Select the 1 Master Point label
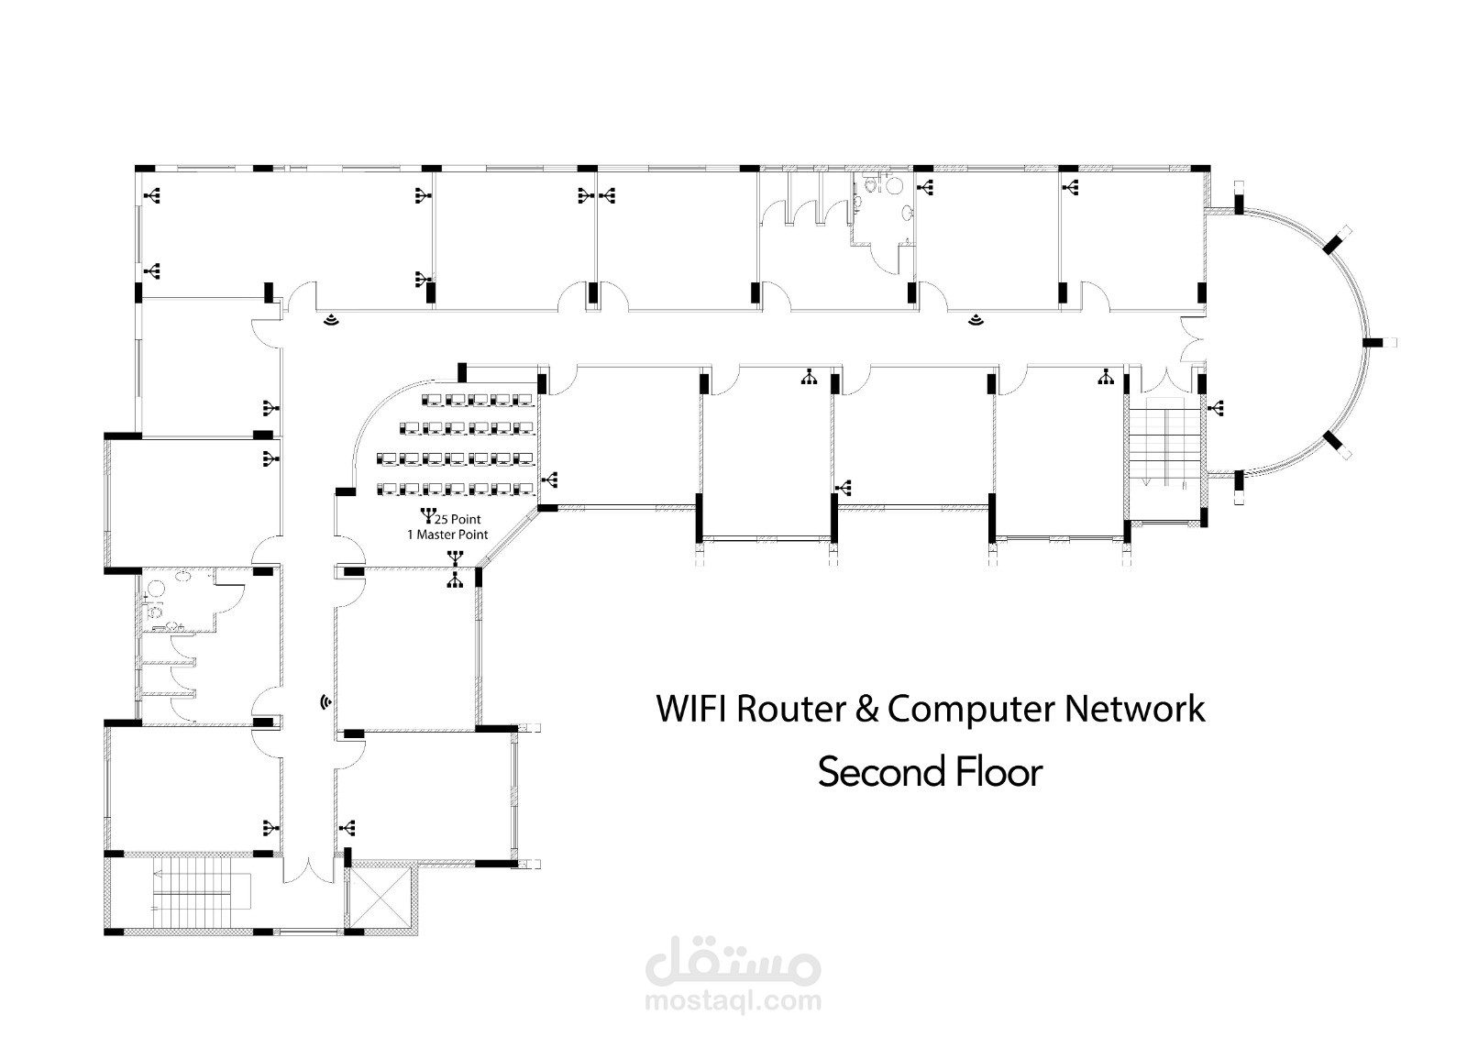[x=447, y=535]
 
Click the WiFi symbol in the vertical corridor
[x=325, y=702]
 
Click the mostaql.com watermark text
[x=733, y=1002]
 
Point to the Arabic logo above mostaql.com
[x=733, y=962]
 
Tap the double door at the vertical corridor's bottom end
[x=307, y=869]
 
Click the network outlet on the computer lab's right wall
[x=550, y=479]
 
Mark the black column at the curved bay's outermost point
[x=1372, y=342]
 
